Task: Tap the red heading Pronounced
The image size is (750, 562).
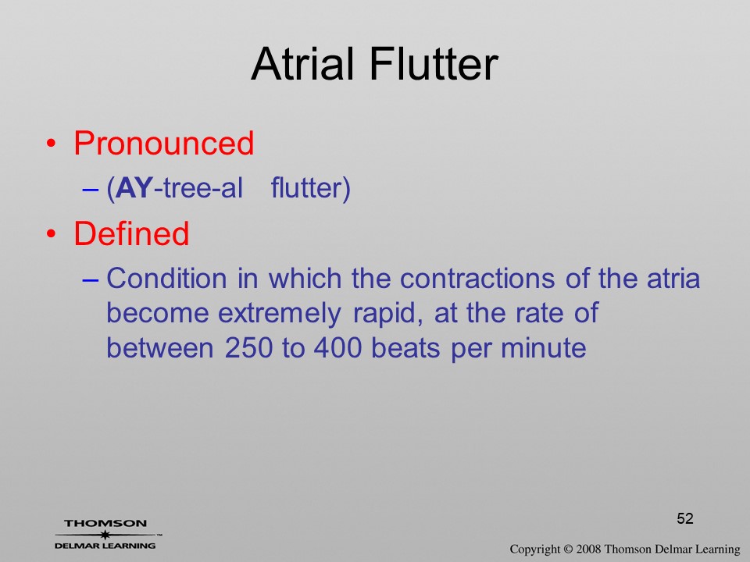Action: tap(163, 143)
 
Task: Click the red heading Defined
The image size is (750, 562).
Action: tap(131, 233)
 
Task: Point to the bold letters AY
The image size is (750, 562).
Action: tap(134, 187)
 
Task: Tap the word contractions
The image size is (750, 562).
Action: tap(477, 278)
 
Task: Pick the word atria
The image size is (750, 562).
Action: tap(673, 278)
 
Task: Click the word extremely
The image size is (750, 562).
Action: tap(280, 314)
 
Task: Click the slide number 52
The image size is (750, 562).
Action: tap(685, 518)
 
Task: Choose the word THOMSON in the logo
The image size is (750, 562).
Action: tap(105, 524)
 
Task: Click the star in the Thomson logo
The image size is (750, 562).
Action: tap(105, 535)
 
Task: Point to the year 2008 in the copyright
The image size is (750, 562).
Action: tap(589, 549)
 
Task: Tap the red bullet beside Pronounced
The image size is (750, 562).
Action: tap(51, 144)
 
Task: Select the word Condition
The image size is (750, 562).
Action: tap(166, 278)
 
